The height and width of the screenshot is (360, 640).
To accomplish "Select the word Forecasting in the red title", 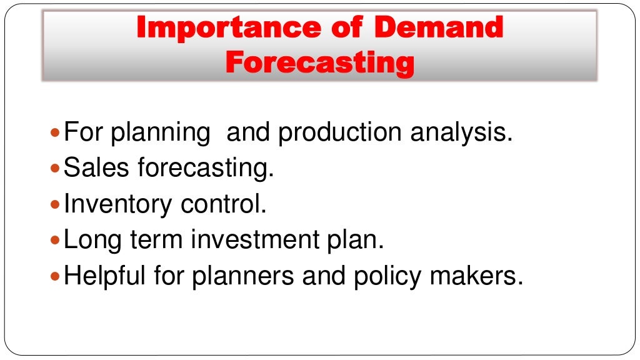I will click(x=319, y=63).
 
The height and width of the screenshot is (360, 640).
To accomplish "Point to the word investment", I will click(x=262, y=241).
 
